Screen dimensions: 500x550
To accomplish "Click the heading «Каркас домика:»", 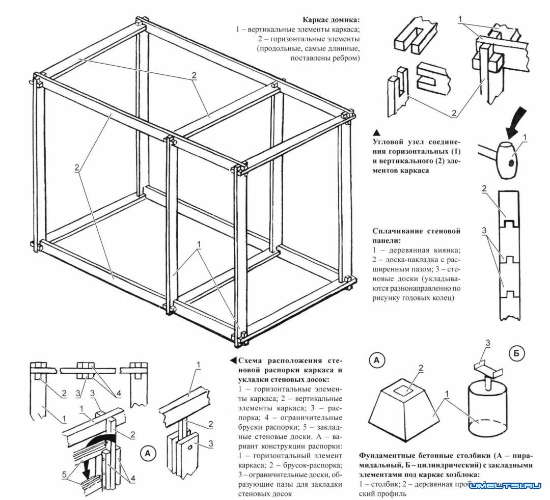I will click(x=331, y=20).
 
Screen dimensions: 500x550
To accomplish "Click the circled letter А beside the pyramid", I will click(x=377, y=360).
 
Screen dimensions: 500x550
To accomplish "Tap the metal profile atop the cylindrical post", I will click(x=486, y=365).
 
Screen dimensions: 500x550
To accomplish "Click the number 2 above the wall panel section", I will click(x=484, y=189).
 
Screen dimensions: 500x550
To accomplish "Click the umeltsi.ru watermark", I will click(x=505, y=486).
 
